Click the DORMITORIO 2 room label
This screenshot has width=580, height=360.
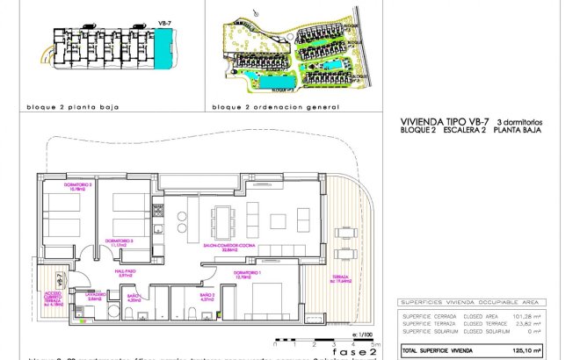pos(79,186)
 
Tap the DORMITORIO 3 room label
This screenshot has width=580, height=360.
pos(119,241)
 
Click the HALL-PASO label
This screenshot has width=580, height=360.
pos(124,273)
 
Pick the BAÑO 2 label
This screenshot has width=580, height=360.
pos(207,297)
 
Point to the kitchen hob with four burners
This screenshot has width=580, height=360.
pos(159,212)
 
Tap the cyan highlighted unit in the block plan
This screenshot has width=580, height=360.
pos(163,39)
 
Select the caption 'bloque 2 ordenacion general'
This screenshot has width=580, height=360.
pos(275,107)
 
